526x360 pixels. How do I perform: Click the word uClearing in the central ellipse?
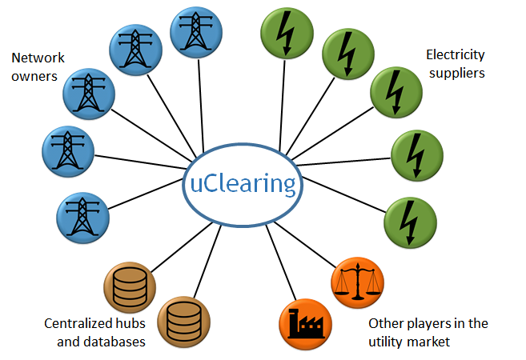click(243, 183)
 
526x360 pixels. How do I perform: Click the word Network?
click(38, 58)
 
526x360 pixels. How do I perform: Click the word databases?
click(116, 342)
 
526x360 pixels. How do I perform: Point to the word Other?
click(386, 324)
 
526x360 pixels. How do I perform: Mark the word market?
click(434, 342)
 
